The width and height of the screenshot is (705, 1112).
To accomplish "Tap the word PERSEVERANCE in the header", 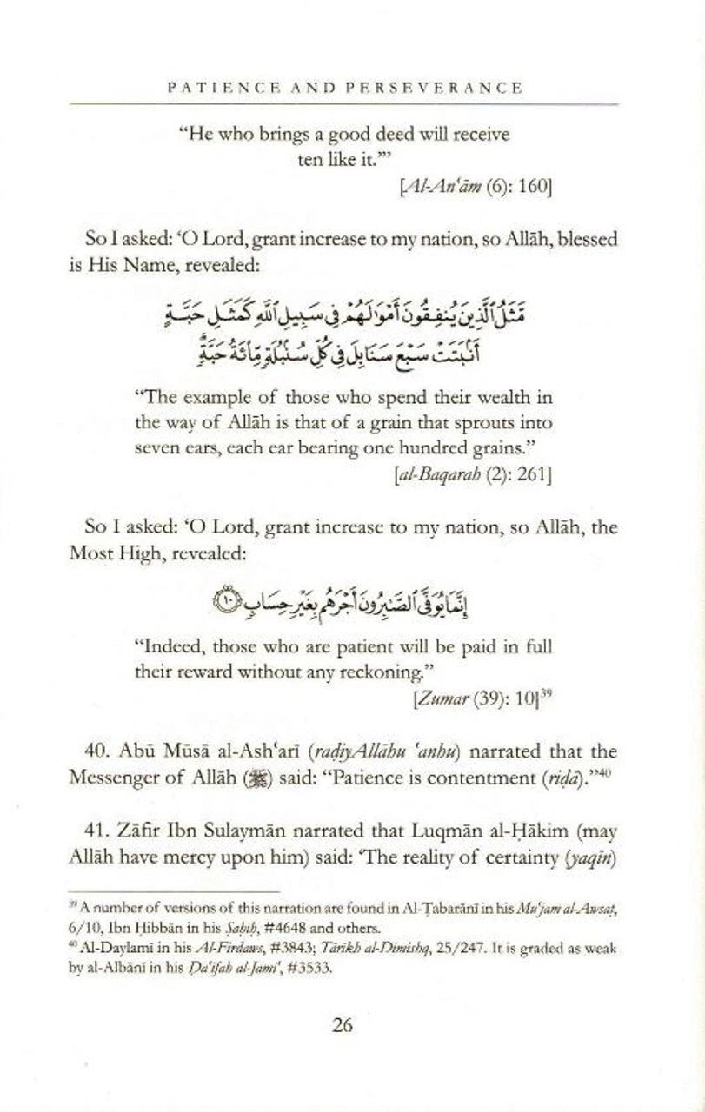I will [440, 88].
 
